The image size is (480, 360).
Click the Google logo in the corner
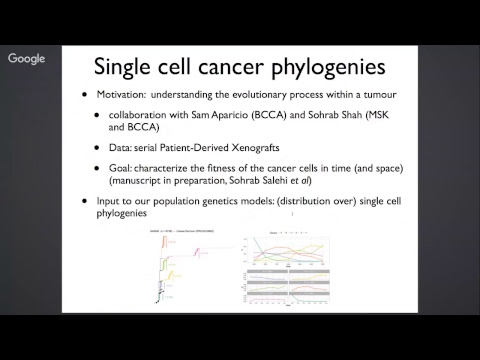tap(27, 59)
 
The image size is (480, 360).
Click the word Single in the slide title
tap(124, 67)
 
